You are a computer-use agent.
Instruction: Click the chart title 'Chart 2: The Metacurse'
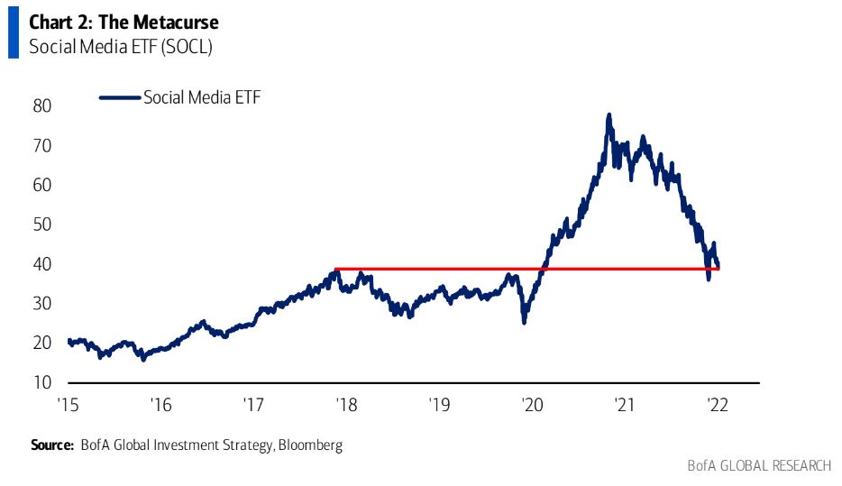click(124, 22)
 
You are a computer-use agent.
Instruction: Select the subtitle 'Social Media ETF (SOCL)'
click(121, 46)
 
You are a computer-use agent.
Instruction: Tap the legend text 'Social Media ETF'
click(202, 97)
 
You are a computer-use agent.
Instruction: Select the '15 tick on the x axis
click(67, 403)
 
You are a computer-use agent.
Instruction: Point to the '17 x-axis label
click(253, 403)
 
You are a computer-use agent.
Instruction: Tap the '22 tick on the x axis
click(717, 403)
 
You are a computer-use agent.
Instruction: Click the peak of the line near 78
click(609, 115)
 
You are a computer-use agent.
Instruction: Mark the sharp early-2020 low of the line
click(525, 322)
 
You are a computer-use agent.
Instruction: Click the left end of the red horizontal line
click(334, 269)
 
